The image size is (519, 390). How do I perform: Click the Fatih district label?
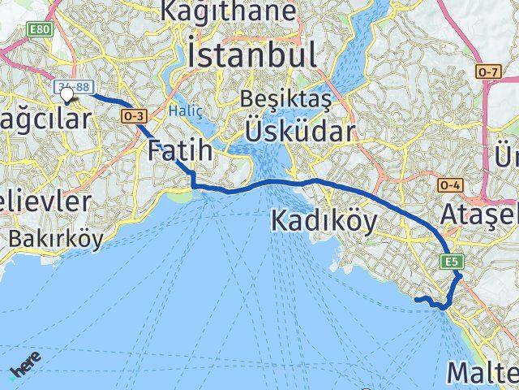coord(180,149)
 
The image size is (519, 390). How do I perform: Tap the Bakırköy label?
coord(57,239)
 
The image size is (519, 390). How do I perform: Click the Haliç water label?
coord(181,110)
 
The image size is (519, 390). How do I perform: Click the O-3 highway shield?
coord(133,117)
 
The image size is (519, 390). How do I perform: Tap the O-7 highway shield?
coord(487,72)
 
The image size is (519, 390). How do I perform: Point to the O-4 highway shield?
coord(451,186)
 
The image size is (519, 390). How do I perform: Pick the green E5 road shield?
coord(452,261)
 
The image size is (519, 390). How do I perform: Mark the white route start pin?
coord(66,95)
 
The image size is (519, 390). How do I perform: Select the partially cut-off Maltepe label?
coord(483,372)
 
